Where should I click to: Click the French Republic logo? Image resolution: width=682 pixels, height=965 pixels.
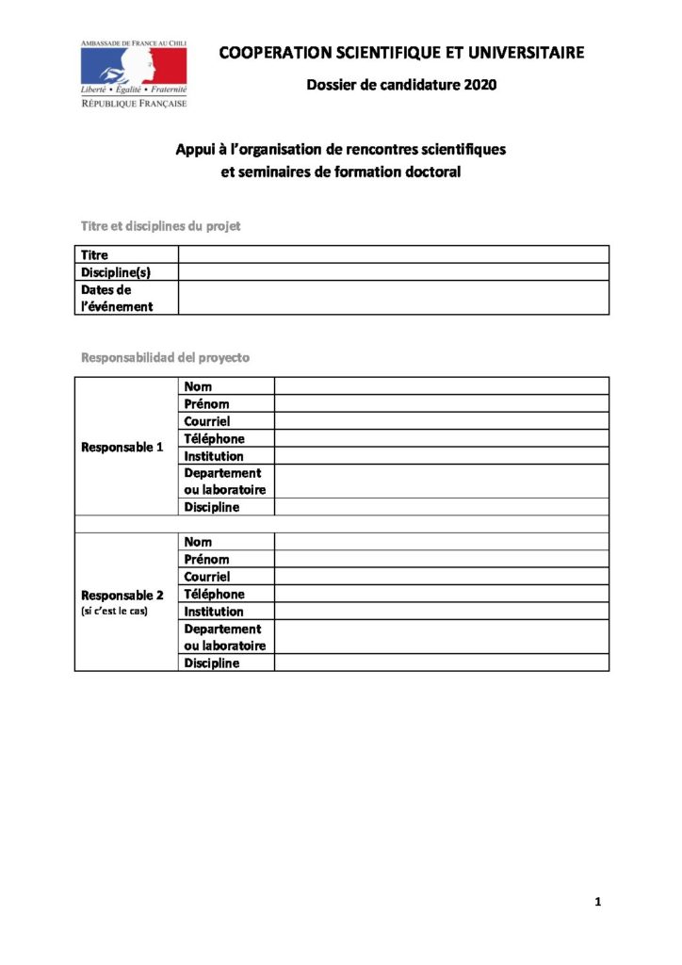pos(134,74)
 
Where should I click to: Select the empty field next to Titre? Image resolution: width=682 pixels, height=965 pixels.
pos(393,254)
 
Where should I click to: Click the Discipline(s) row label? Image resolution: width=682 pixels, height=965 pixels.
pos(116,272)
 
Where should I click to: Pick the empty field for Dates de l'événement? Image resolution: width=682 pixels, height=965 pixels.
pos(393,298)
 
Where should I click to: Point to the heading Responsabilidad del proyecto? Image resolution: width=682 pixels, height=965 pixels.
pos(166,358)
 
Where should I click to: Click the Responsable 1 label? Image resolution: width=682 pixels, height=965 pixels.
pos(122,447)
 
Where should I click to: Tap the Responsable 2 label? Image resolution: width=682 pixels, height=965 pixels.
pos(122,595)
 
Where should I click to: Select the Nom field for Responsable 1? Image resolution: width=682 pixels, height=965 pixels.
pos(441,386)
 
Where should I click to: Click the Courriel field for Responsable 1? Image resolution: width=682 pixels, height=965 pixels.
pos(441,421)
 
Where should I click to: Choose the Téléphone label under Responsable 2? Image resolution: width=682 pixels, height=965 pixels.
pos(214,594)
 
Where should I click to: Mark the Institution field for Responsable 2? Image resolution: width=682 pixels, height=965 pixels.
pos(441,612)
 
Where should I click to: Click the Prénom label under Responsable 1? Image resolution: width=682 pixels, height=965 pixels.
pos(206,404)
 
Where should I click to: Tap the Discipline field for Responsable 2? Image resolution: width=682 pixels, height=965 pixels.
pos(441,662)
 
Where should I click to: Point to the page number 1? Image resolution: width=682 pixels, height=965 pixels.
pos(598,902)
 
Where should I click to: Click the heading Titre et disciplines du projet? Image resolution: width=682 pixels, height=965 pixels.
pos(161,226)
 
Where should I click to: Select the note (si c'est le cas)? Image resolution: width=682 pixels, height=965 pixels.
pos(115,612)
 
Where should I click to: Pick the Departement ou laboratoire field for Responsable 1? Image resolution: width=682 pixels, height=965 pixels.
pos(441,481)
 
